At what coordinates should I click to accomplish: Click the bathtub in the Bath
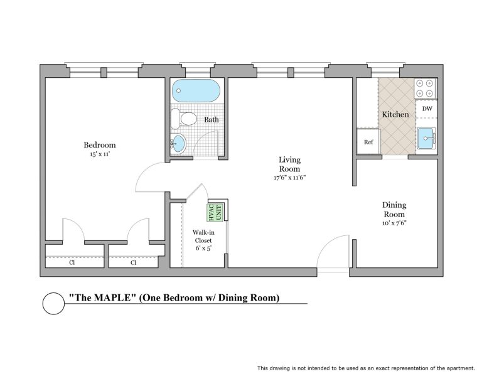click(196, 90)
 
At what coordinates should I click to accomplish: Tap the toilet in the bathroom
click(184, 119)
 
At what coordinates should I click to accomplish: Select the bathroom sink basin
click(179, 144)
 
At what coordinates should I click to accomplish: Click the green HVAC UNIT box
click(215, 213)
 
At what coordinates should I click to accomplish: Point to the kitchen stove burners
click(426, 88)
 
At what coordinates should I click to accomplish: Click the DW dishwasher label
click(427, 109)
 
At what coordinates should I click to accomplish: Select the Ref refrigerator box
click(368, 142)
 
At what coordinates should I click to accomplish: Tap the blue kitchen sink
click(426, 138)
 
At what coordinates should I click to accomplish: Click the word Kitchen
click(395, 114)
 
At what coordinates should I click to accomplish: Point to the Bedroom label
click(100, 145)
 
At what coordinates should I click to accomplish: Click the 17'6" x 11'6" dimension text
click(289, 178)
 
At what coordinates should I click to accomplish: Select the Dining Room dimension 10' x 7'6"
click(394, 223)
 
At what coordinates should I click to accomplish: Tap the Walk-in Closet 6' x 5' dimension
click(203, 248)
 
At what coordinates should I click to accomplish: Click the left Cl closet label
click(72, 262)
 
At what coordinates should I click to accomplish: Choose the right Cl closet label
click(134, 262)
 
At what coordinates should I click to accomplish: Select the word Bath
click(212, 120)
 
